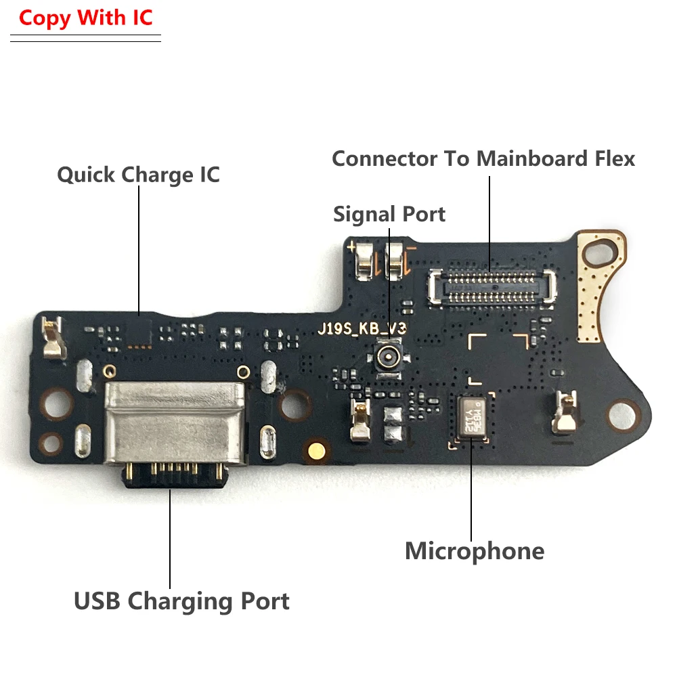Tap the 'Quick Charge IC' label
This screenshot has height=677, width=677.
[x=138, y=175]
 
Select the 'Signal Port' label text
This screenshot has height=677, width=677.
[x=389, y=215]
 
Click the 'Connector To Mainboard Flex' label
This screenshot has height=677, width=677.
[x=483, y=159]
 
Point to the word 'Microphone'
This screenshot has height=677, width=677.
[x=474, y=551]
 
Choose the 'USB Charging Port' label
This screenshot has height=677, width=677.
[x=181, y=600]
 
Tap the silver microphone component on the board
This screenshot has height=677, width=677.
[x=475, y=417]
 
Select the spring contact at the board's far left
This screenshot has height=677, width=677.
[x=51, y=340]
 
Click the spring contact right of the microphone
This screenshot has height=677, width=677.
[x=565, y=412]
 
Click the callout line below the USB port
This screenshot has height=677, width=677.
[x=170, y=535]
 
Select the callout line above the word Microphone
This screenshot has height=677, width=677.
[x=471, y=487]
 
